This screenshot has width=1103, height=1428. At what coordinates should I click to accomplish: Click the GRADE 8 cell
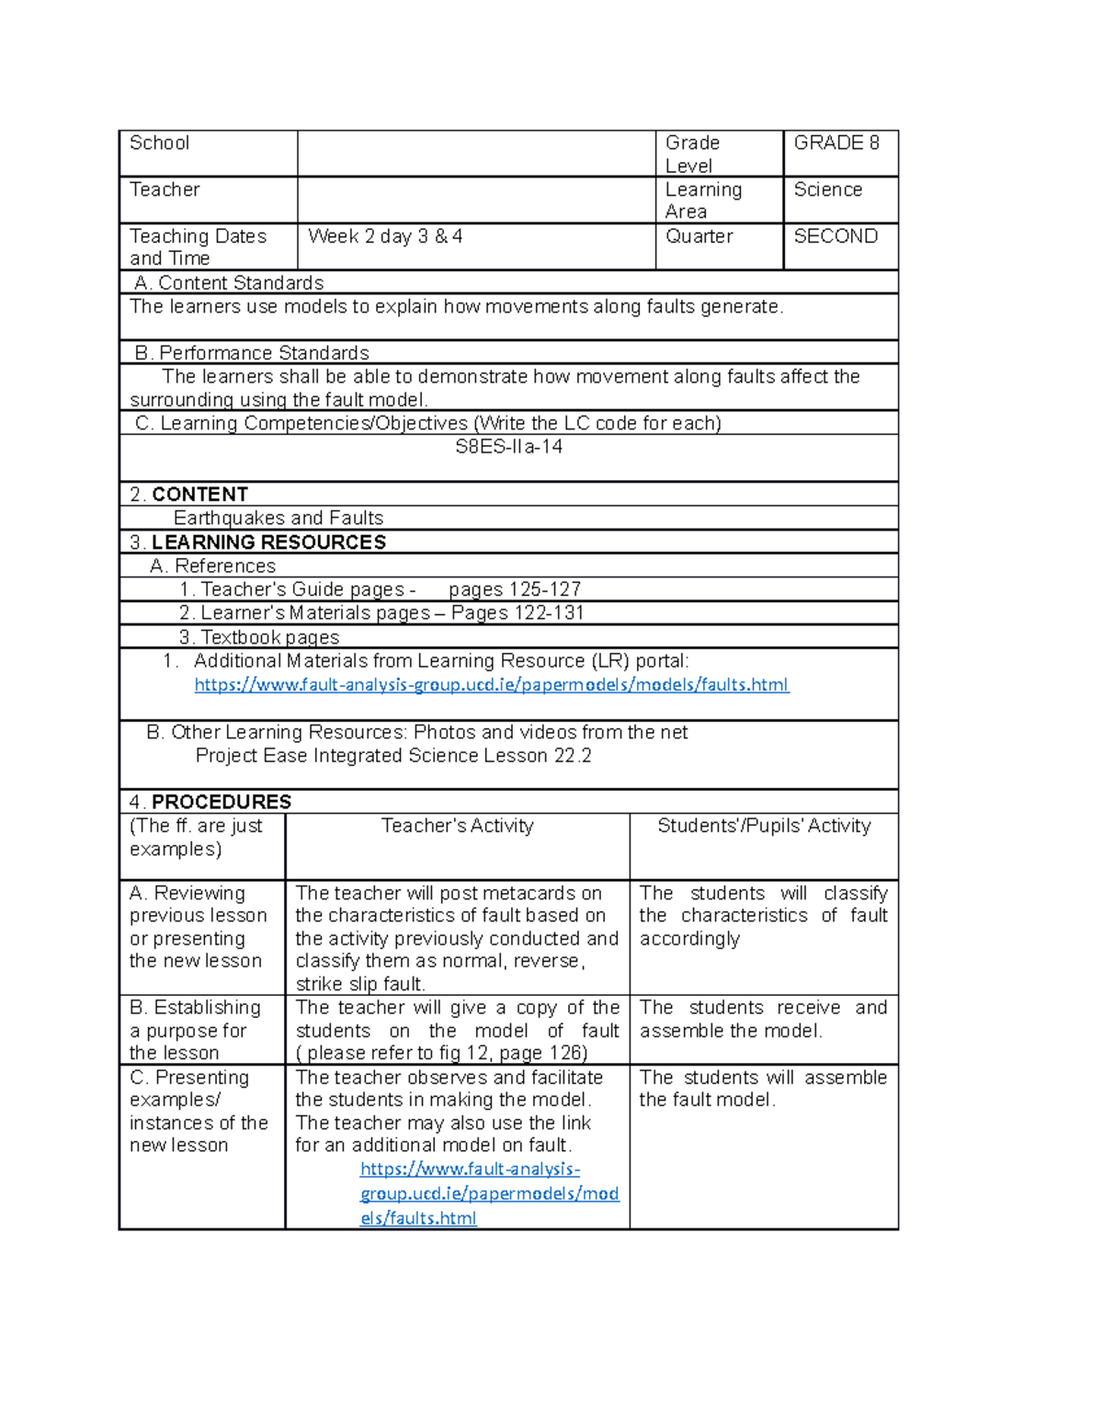pyautogui.click(x=836, y=143)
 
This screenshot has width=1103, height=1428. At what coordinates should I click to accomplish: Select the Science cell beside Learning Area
pyautogui.click(x=827, y=190)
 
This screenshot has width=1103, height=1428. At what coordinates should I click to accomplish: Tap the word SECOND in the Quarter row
pyautogui.click(x=836, y=236)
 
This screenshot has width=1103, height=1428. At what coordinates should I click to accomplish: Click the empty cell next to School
pyautogui.click(x=475, y=154)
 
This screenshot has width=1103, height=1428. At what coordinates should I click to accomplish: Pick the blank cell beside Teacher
pyautogui.click(x=475, y=200)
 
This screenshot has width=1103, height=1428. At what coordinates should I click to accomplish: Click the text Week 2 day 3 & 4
pyautogui.click(x=385, y=236)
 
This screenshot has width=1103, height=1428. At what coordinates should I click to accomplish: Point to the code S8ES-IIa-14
pyautogui.click(x=508, y=447)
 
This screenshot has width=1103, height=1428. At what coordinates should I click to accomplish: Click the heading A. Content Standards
pyautogui.click(x=229, y=283)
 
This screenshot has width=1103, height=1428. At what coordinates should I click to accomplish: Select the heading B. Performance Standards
pyautogui.click(x=252, y=353)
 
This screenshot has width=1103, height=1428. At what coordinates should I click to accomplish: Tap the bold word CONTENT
pyautogui.click(x=199, y=495)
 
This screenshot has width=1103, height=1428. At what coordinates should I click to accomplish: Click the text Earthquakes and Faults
pyautogui.click(x=279, y=519)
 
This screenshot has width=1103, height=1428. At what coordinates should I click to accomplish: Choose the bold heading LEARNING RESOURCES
pyautogui.click(x=268, y=543)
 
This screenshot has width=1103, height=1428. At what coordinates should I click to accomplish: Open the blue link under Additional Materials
pyautogui.click(x=491, y=685)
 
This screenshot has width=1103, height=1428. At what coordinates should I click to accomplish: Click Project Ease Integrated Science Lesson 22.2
pyautogui.click(x=393, y=756)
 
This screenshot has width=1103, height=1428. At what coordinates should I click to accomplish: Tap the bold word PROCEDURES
pyautogui.click(x=221, y=802)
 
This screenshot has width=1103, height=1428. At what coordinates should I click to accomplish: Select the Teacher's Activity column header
pyautogui.click(x=457, y=826)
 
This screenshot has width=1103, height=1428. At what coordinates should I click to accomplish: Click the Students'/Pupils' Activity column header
pyautogui.click(x=763, y=826)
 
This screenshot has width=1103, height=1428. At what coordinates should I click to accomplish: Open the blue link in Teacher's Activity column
pyautogui.click(x=488, y=1194)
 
